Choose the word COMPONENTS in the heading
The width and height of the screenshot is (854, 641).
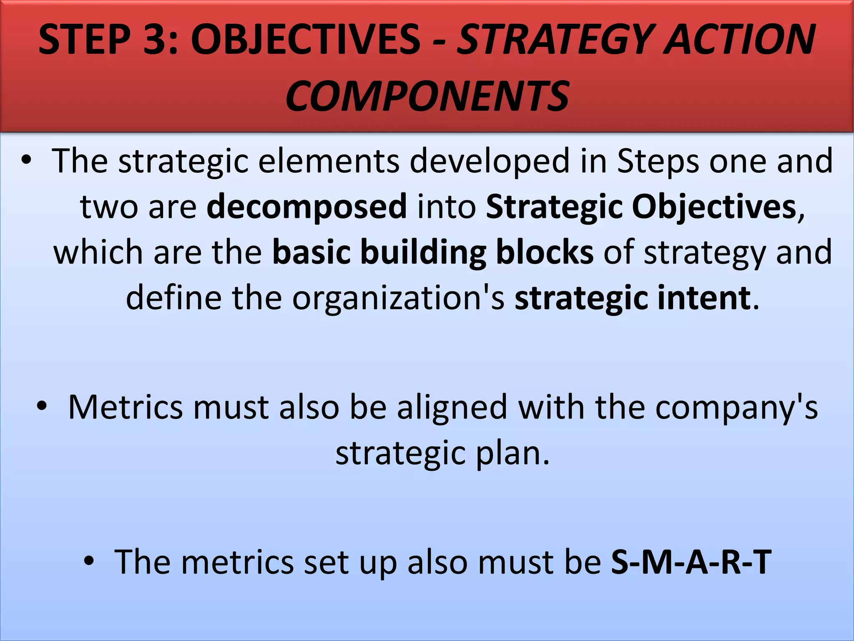point(427,97)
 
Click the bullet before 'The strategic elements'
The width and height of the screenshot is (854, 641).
point(27,161)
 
